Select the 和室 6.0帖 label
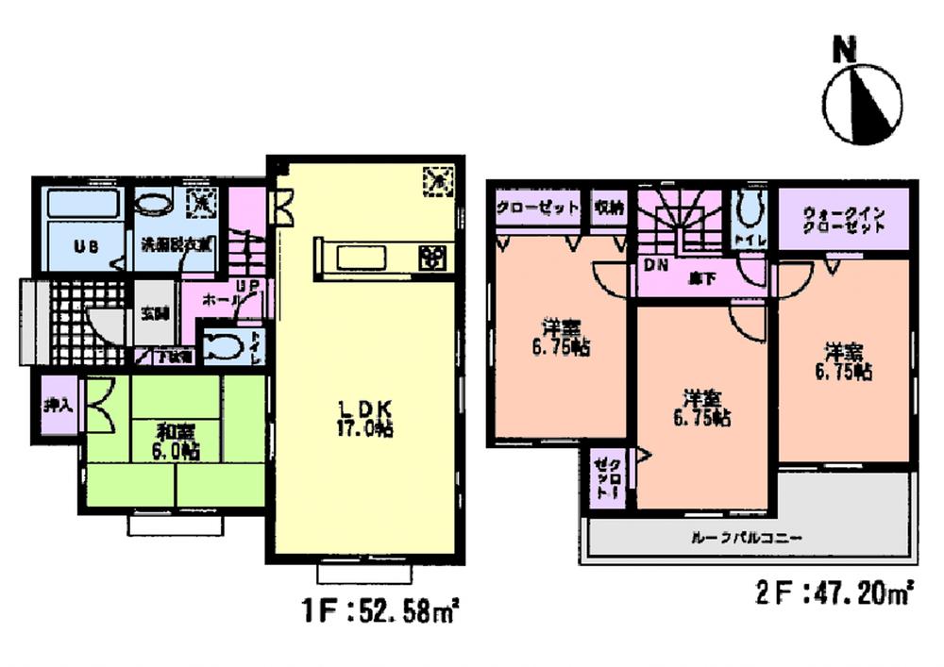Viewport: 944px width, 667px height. point(177,442)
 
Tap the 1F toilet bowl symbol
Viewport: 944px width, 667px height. point(223,345)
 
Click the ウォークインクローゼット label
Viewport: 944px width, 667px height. point(843,220)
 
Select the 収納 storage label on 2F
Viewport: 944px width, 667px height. point(608,208)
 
